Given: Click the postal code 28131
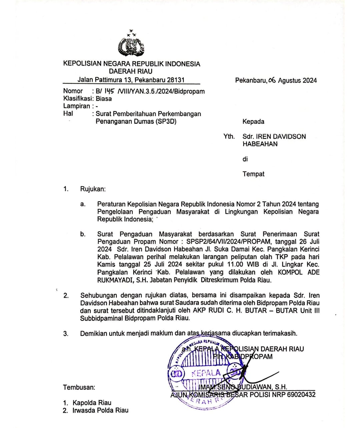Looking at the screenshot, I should (175, 80).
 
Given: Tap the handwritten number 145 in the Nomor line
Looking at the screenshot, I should (109, 91).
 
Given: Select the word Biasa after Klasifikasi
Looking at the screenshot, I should (104, 99).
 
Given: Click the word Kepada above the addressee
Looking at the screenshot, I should (253, 122).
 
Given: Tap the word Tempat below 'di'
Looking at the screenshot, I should (253, 174).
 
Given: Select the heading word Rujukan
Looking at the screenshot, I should (92, 189).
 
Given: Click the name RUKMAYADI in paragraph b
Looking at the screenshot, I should (115, 280).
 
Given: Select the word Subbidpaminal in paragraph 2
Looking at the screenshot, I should (101, 318).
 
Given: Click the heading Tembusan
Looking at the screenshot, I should (79, 387).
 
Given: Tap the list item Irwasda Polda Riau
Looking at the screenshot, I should (100, 410).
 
